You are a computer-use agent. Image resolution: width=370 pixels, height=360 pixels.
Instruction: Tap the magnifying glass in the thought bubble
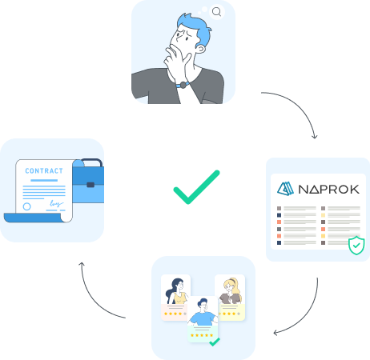coord(216,12)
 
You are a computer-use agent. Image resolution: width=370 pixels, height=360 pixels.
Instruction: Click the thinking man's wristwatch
coord(183,85)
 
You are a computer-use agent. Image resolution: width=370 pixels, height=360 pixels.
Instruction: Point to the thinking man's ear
coord(201,49)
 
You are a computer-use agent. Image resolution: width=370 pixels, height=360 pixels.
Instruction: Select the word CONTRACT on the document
coord(44,171)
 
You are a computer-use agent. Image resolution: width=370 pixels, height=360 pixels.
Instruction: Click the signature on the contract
coord(56,204)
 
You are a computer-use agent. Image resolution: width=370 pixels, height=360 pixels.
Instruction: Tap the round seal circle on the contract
coord(26,206)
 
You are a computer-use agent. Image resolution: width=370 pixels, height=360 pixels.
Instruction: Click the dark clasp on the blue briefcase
coord(90,185)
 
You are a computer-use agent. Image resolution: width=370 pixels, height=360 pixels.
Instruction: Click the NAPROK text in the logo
coord(329,190)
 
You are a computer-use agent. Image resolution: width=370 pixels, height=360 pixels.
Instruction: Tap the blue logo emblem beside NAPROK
coord(285,189)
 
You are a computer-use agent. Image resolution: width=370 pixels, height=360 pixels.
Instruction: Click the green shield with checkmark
coord(356,246)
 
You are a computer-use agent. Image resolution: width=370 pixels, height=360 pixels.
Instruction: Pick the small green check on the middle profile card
coord(215,342)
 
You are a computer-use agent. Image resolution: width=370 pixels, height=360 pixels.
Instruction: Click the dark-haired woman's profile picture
coord(176,291)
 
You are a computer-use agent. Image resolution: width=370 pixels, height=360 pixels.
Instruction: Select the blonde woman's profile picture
coord(230,291)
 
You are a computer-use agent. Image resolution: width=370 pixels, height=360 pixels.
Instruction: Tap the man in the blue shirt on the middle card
coord(203,312)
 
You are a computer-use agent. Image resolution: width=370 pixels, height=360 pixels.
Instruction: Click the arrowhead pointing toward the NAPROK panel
coord(315,137)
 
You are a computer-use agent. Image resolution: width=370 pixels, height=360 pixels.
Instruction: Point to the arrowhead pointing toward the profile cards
coord(275,333)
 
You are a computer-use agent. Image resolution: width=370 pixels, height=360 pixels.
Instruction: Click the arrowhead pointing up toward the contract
coord(82,264)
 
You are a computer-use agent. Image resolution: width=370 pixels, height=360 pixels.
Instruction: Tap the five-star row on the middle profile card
coord(202,335)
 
